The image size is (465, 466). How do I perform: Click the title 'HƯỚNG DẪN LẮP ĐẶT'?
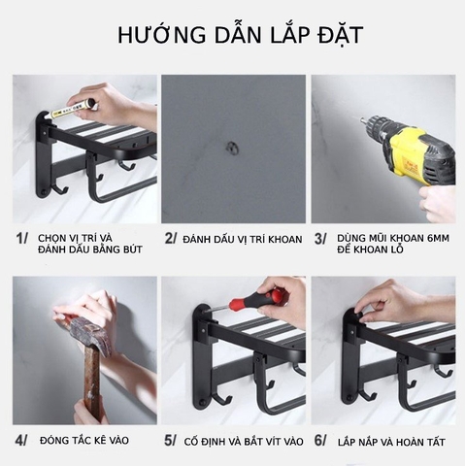click(232, 37)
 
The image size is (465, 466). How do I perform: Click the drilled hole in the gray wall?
click(232, 147)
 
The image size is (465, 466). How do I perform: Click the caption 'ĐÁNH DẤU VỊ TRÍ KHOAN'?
click(242, 239)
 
